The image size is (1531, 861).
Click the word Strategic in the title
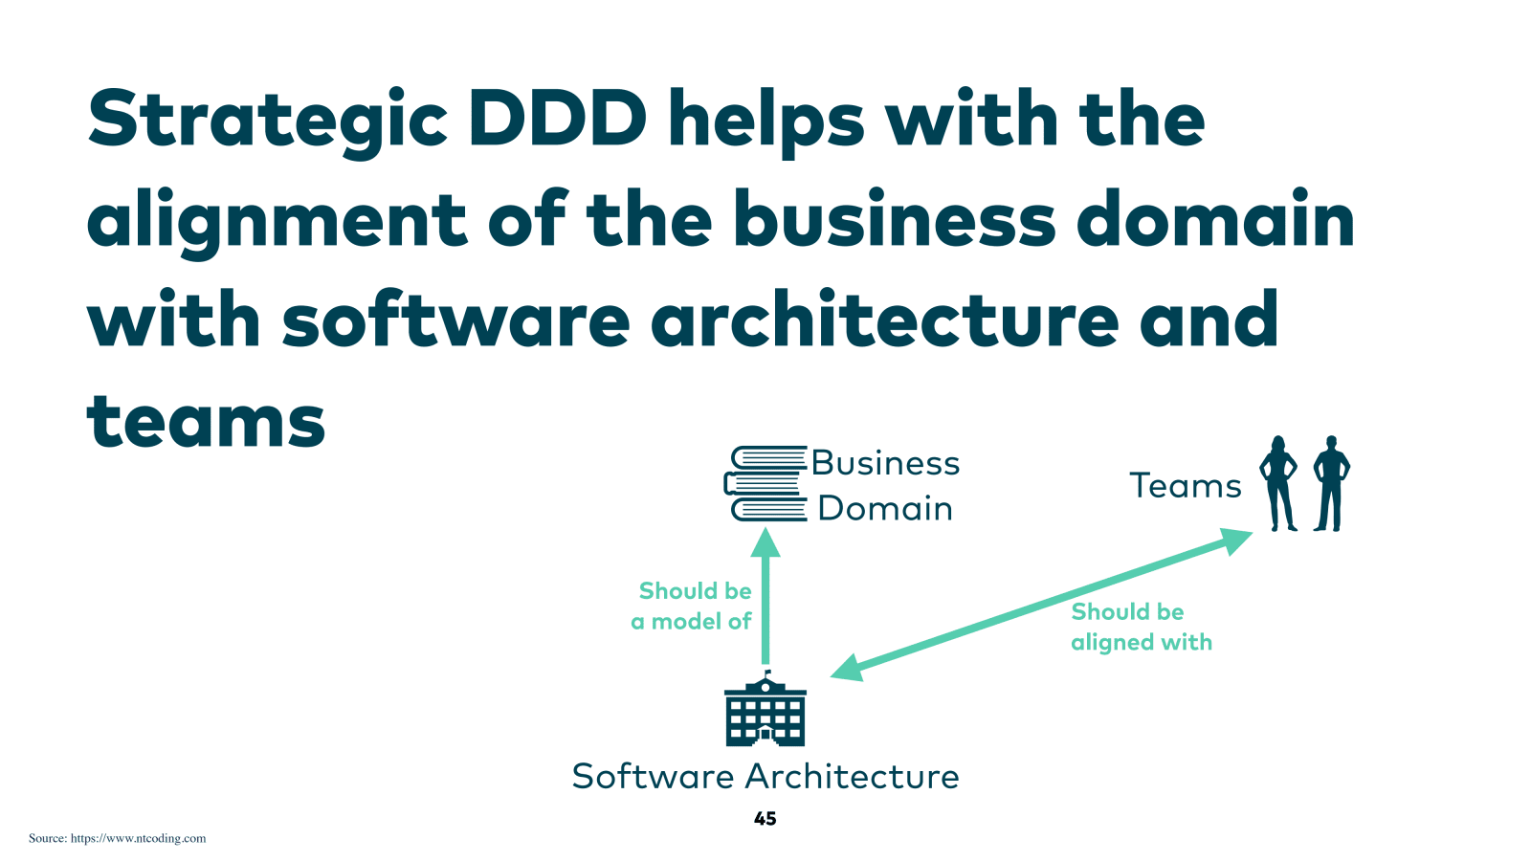point(267,121)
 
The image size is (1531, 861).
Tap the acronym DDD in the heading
point(557,119)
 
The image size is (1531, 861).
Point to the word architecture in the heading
point(884,320)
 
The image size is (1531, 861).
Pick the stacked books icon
point(765,484)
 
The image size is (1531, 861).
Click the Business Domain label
point(885,485)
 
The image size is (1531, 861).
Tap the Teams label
point(1186,486)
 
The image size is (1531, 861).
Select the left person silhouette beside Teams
point(1278,483)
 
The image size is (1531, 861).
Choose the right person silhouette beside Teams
point(1330,483)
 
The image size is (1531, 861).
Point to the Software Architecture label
point(765,776)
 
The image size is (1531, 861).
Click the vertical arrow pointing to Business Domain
point(765,598)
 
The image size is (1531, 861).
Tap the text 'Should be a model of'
point(693,607)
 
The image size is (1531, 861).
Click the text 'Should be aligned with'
point(1141,627)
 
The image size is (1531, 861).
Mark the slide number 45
point(765,819)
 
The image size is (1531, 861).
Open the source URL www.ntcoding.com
point(138,838)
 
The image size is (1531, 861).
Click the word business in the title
point(894,220)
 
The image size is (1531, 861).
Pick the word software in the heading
point(455,320)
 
